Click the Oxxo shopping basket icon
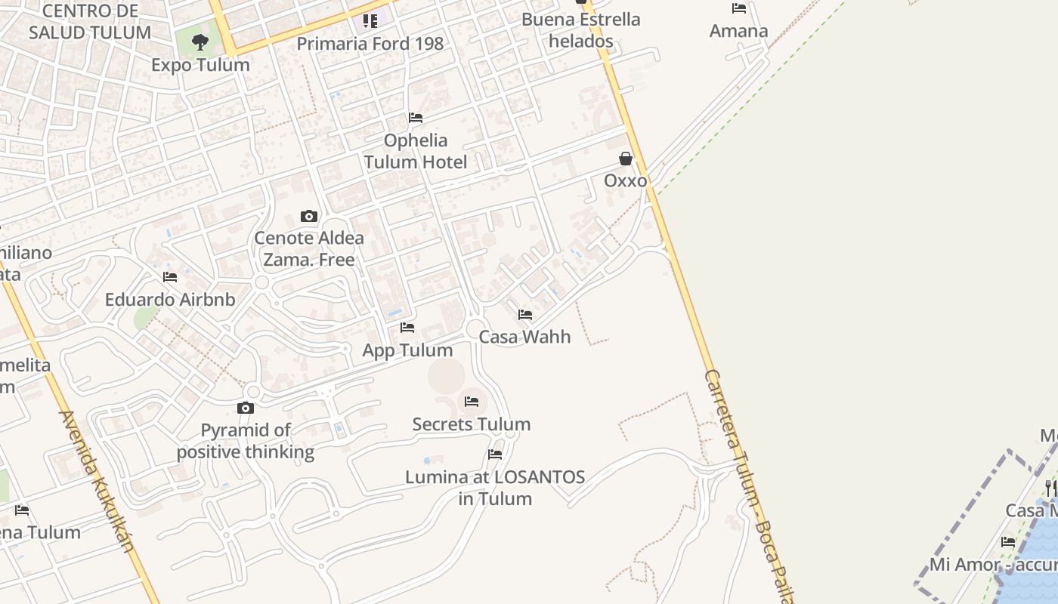pos(626,159)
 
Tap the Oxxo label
pos(626,180)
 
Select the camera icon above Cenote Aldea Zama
pos(308,217)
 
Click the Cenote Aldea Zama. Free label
pos(309,248)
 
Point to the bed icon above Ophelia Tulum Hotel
pos(416,118)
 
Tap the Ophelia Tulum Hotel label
pos(416,151)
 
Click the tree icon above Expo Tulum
pos(200,42)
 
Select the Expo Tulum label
pos(200,65)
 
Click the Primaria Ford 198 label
pos(370,44)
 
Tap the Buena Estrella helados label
pos(581,30)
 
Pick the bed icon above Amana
pos(739,8)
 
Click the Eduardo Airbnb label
pos(170,300)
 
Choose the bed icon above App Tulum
pos(407,328)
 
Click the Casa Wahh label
pos(525,337)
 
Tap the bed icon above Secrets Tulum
pos(472,402)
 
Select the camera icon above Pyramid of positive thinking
pos(246,408)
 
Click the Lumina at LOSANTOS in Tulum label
pos(495,488)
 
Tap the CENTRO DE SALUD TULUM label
pos(90,22)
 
